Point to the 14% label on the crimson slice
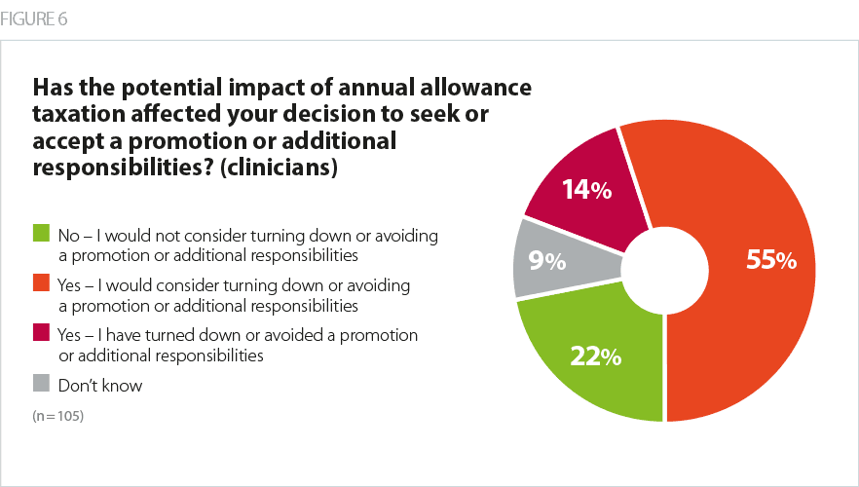(x=586, y=191)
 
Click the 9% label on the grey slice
(x=547, y=261)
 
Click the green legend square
(x=41, y=234)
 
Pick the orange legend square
(x=41, y=284)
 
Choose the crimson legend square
(x=41, y=334)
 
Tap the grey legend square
(x=41, y=385)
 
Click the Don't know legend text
(x=100, y=386)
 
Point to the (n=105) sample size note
(x=57, y=417)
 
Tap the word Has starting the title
(x=55, y=88)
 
